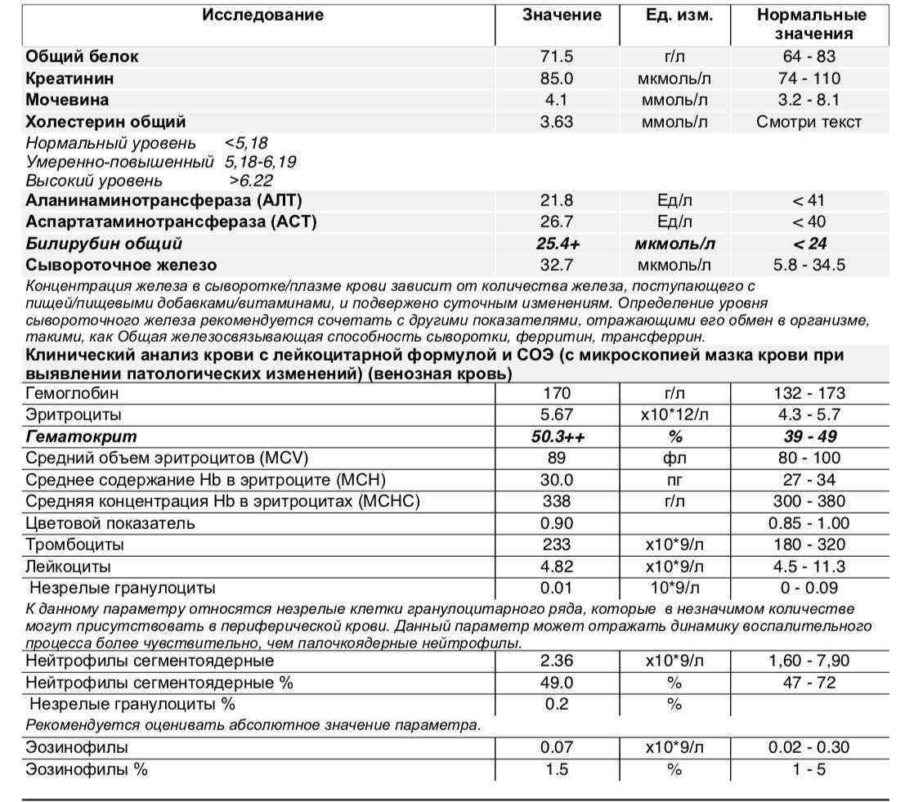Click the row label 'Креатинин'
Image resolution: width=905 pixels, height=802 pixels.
pyautogui.click(x=69, y=78)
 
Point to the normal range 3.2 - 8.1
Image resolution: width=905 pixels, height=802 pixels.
pyautogui.click(x=809, y=100)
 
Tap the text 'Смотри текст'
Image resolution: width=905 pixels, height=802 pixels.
pyautogui.click(x=809, y=122)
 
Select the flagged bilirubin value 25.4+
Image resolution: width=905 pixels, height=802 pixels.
pyautogui.click(x=557, y=244)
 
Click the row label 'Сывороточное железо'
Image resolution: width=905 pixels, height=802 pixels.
pyautogui.click(x=121, y=265)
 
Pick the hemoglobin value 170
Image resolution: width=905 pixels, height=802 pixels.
pyautogui.click(x=557, y=393)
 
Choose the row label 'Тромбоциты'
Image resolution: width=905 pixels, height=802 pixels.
pyautogui.click(x=74, y=544)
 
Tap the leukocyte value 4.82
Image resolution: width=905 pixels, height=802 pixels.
pyautogui.click(x=557, y=566)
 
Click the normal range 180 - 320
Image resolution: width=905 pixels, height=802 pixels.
pyautogui.click(x=809, y=544)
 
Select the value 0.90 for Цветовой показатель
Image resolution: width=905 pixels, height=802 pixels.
pyautogui.click(x=557, y=523)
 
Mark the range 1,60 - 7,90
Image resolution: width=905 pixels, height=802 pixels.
pyautogui.click(x=809, y=661)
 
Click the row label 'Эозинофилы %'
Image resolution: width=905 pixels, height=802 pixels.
pyautogui.click(x=87, y=768)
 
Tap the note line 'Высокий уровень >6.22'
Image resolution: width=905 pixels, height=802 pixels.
pyautogui.click(x=149, y=181)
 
